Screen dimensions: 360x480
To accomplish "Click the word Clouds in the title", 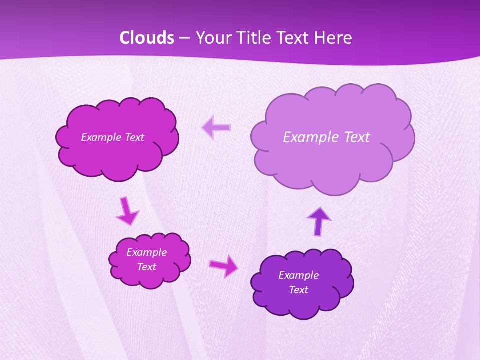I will [x=147, y=38].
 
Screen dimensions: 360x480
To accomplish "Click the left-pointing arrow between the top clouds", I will [x=216, y=127].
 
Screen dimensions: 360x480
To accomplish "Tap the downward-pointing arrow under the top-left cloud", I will [x=127, y=211].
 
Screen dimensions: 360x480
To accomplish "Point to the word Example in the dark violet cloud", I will [x=298, y=275].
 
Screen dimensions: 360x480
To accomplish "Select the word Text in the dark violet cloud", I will [x=298, y=290].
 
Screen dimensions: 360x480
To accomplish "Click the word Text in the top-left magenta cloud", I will [x=134, y=137].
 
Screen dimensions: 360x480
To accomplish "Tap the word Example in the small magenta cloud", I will [x=146, y=252].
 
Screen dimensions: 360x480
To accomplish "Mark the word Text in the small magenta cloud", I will [x=146, y=267].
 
